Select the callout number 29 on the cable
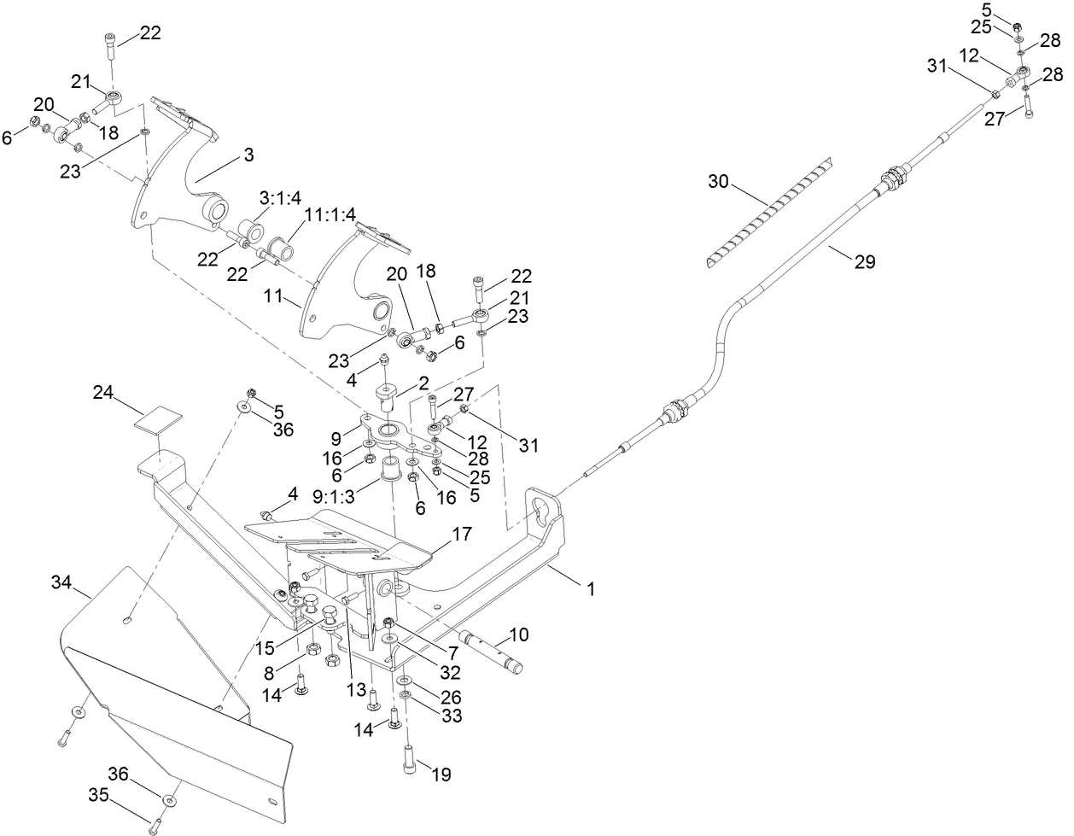point(864,262)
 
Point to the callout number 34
point(61,583)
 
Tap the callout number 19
point(441,775)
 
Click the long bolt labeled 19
point(410,758)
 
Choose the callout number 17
point(461,535)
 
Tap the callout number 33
point(450,716)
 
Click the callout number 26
point(450,696)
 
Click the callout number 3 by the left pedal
point(248,155)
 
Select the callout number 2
point(423,382)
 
